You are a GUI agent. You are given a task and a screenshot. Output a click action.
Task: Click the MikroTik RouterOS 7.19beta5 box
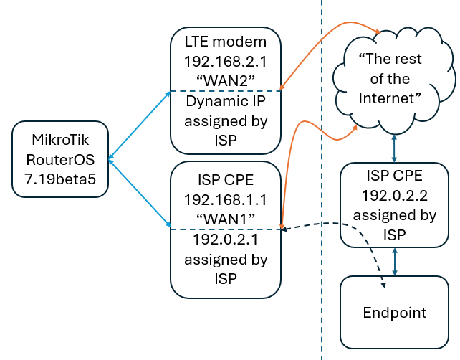pos(59,158)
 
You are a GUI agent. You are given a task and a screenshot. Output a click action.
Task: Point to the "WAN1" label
pos(224,217)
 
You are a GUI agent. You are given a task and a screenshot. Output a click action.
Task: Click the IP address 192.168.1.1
pos(224,197)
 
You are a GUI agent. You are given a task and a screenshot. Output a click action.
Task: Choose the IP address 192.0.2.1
pos(224,240)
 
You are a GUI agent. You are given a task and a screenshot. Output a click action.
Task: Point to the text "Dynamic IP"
pos(224,102)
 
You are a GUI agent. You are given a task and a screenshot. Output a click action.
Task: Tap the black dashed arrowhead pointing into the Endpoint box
pos(383,285)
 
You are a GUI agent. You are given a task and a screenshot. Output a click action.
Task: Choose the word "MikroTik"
pos(59,137)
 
